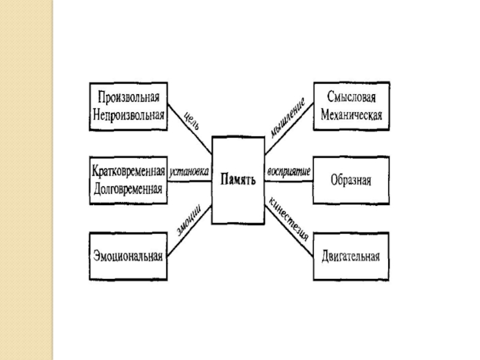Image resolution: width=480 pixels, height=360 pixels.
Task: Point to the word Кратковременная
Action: [x=128, y=170]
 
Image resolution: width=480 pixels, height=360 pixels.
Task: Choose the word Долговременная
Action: [x=128, y=187]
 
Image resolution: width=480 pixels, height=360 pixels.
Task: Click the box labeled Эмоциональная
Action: [x=128, y=257]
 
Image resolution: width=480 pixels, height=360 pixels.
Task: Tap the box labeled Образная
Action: [x=352, y=180]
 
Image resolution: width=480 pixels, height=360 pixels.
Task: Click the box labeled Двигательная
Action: [x=352, y=257]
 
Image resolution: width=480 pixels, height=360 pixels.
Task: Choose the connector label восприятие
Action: [x=289, y=171]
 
